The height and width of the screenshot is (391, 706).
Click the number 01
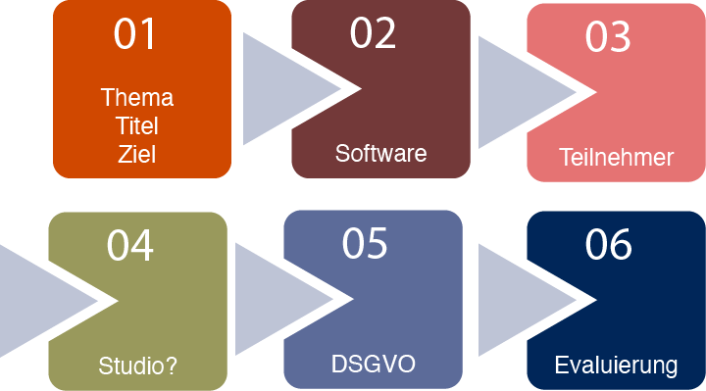point(135,34)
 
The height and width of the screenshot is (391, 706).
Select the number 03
point(608,37)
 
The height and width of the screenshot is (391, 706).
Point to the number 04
point(130,245)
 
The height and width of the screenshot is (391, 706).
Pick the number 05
point(365,243)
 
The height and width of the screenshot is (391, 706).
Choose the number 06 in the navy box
point(608,245)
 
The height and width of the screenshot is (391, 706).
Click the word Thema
point(137,98)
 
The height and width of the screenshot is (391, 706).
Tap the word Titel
point(137,125)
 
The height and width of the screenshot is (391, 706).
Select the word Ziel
point(137,154)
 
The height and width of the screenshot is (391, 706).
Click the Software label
point(380,154)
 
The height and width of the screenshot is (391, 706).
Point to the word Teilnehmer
point(616,157)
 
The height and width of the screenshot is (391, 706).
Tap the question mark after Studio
point(172,367)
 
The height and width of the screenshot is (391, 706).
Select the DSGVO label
point(374,365)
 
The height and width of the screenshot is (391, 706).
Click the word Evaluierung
point(616,367)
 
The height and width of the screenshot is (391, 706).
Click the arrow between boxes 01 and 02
point(279,89)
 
